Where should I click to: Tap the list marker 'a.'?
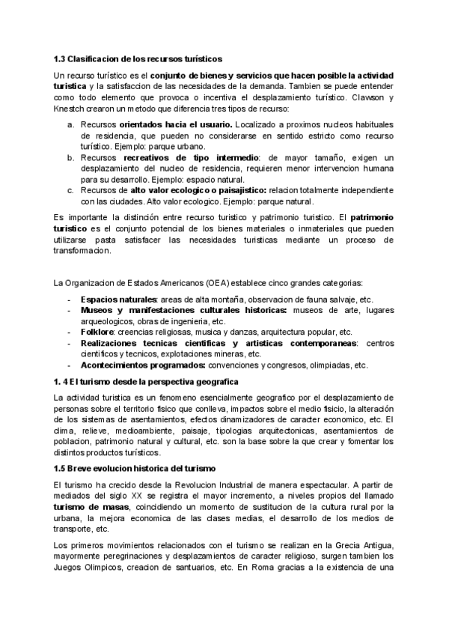(71, 124)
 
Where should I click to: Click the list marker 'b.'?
(71, 157)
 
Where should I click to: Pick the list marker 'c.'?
(71, 190)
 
